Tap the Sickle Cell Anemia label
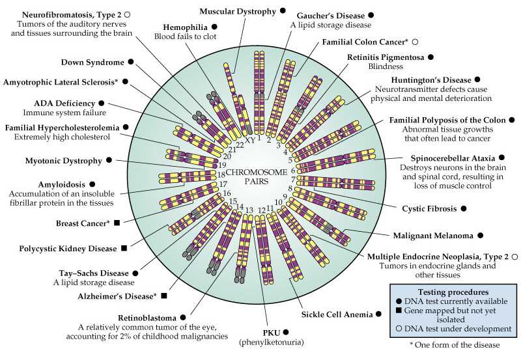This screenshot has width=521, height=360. tap(336, 314)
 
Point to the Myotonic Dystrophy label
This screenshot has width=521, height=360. tap(64, 160)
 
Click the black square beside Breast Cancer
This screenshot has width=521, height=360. tap(117, 223)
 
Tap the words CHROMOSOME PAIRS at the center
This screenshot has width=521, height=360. tap(258, 174)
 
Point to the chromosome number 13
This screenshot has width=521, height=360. tap(247, 209)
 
